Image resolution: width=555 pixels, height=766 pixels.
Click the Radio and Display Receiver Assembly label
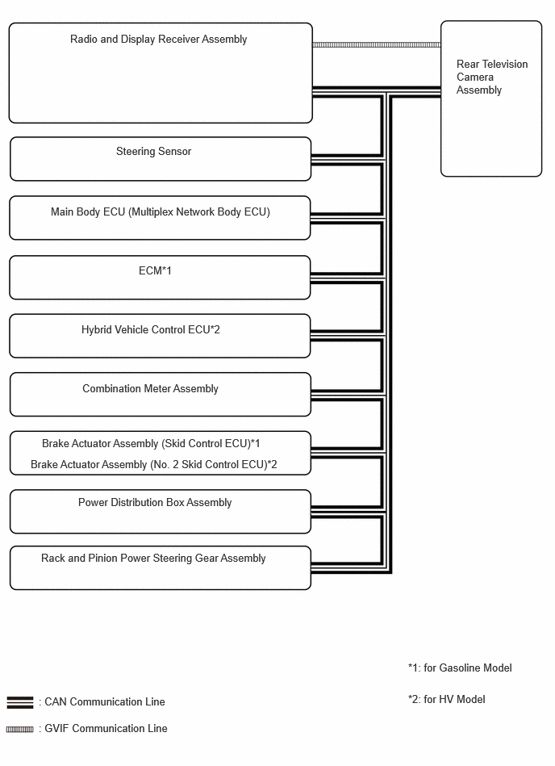(159, 39)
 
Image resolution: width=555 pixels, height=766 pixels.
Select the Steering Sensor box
(161, 159)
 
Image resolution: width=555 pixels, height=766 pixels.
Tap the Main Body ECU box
(160, 218)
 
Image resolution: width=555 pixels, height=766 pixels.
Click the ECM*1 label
(155, 270)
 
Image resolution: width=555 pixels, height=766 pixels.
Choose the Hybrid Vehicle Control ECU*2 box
(160, 336)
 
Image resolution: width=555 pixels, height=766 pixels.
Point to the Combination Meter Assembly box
(161, 395)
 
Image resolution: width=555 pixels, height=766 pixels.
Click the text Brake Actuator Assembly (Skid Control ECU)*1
(151, 444)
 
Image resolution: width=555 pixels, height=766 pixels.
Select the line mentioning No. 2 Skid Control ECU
(154, 465)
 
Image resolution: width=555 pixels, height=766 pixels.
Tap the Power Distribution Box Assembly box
(161, 512)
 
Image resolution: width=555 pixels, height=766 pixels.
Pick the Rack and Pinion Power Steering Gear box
(161, 568)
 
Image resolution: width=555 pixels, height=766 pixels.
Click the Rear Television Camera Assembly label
(492, 77)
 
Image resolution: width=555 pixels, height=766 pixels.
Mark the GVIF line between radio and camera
(377, 45)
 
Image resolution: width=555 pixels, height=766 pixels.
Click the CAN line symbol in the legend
(20, 702)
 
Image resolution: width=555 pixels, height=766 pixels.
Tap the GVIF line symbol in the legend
(20, 730)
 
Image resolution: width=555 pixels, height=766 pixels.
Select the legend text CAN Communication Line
(104, 702)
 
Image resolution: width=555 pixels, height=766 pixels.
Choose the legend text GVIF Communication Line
(106, 728)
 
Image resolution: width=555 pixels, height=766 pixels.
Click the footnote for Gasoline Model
(460, 668)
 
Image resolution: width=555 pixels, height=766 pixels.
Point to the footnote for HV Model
(447, 700)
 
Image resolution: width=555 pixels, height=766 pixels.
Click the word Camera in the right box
(475, 77)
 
